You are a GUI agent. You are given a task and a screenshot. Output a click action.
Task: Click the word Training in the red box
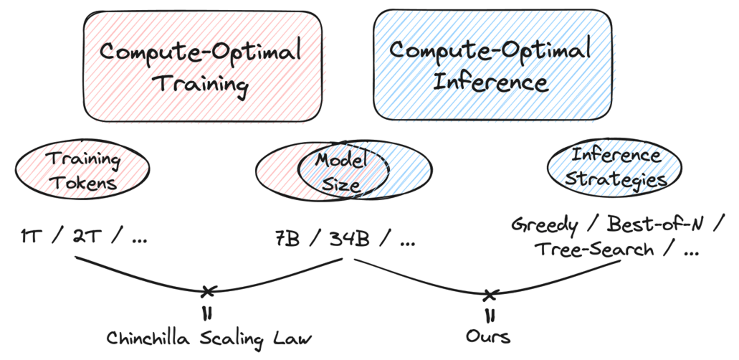[202, 85]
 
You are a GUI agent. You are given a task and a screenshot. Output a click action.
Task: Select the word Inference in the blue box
[490, 82]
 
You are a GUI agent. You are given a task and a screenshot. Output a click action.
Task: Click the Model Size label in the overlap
[341, 171]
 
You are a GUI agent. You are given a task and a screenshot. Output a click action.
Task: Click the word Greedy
[544, 225]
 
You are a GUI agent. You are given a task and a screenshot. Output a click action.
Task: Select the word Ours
[488, 337]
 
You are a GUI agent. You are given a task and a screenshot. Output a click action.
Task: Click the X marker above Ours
[490, 296]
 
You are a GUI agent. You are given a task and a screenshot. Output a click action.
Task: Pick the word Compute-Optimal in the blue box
[490, 50]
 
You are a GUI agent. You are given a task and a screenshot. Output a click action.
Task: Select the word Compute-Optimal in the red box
[200, 52]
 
